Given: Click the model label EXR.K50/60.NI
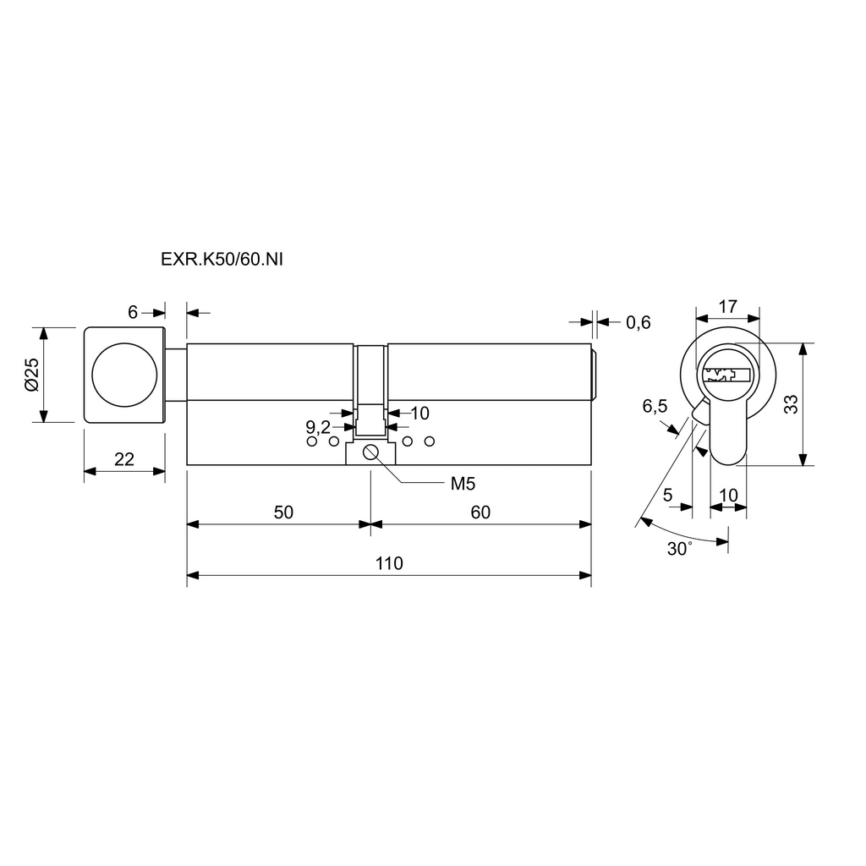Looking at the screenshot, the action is pos(222,260).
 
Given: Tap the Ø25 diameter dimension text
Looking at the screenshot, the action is pos(31,375).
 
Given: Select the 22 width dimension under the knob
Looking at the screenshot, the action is pos(124,459).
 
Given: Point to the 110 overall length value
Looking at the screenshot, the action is pos(389,563).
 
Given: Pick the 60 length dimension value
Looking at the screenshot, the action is pos(480,512).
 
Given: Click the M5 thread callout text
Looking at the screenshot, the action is pos(462,484).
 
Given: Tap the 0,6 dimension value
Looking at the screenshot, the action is pos(639,322).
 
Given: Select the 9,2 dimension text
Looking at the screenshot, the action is pos(317,426).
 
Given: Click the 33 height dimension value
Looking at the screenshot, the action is pos(791,404).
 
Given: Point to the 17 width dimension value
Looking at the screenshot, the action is pos(726,305).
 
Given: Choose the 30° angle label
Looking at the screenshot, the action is pos(679,549).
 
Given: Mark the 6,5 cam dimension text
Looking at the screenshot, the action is pos(655,407).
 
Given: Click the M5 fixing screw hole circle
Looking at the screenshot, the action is pos(370,452).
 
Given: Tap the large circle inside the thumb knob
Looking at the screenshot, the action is pos(124,374).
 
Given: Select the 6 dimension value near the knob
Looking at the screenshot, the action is pos(133,312).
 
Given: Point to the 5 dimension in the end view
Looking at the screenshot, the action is pos(668,496).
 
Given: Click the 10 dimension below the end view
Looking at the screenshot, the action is pos(728,496).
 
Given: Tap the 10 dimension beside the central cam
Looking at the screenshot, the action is pos(419,413).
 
